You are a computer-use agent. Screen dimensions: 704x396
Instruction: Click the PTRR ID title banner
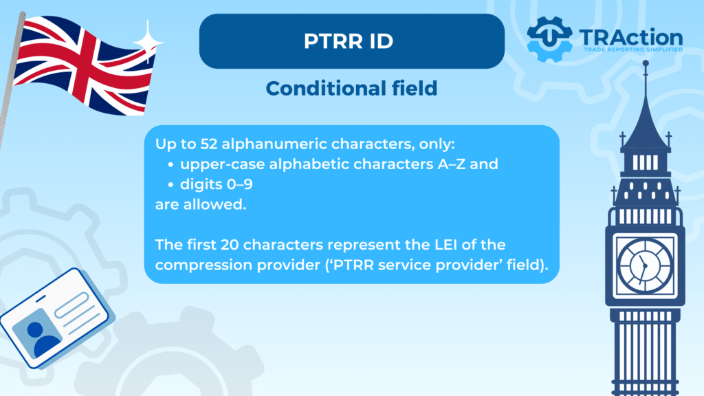coord(351,41)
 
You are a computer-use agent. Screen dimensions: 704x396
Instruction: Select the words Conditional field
coord(351,89)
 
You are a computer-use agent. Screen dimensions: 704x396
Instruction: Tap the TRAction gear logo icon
coord(549,39)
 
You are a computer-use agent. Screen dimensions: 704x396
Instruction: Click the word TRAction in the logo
coord(631,37)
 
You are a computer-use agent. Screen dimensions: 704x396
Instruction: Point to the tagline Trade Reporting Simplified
coord(633,49)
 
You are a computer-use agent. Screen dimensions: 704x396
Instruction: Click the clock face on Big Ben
coord(645,266)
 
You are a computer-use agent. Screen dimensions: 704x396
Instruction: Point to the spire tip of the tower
coord(646,63)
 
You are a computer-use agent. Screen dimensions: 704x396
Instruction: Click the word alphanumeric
coord(274,144)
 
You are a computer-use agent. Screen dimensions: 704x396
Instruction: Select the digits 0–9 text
coord(217,184)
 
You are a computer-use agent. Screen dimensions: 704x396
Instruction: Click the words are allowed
coord(201,205)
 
